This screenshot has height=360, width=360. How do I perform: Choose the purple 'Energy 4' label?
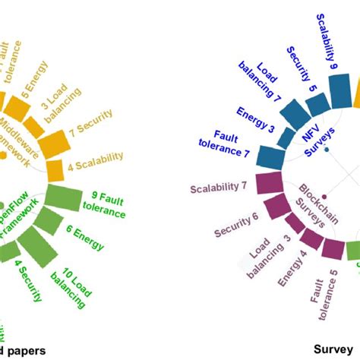tap(292, 267)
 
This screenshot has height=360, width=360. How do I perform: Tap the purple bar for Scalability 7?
tap(268, 185)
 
